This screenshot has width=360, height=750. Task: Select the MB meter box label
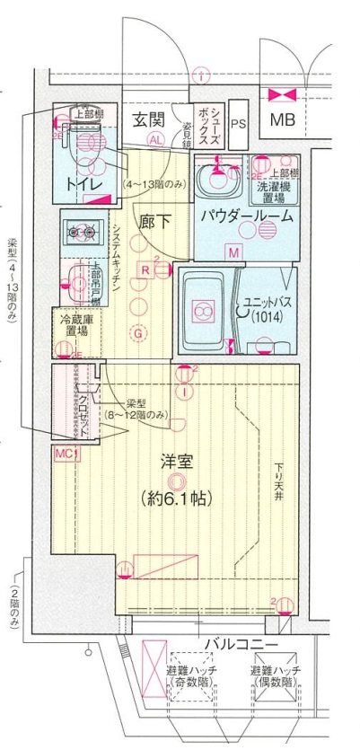coord(283,119)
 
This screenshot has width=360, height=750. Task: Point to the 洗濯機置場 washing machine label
coord(274,189)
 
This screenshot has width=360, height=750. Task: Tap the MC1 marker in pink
coord(66,454)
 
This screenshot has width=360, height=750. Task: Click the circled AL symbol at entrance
coord(156,140)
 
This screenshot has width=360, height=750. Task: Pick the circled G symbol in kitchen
coord(137,335)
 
